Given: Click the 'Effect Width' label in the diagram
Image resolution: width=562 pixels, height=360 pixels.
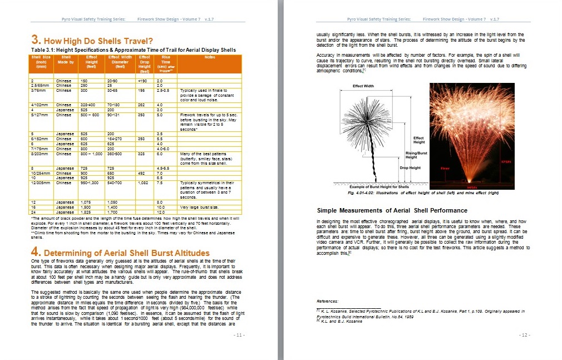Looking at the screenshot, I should click(364, 86).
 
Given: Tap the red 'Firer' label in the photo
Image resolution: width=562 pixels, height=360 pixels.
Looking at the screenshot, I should click(445, 167).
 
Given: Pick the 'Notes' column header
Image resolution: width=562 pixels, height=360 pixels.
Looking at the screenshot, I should click(210, 57).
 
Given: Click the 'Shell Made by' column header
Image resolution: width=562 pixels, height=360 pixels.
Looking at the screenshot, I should click(66, 60).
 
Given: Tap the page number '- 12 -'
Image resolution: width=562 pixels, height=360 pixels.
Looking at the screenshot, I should click(524, 335).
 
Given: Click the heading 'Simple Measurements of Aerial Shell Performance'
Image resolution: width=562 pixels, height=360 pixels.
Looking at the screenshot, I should click(392, 210).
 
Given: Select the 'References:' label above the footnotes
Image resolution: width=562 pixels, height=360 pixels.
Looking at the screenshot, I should click(328, 300).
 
